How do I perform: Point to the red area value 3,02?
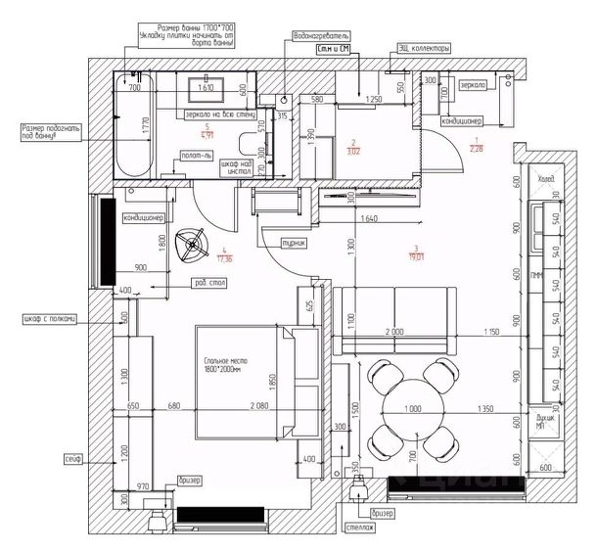(x=354, y=152)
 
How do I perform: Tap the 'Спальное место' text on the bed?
(x=226, y=365)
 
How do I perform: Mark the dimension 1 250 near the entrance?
(x=372, y=99)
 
